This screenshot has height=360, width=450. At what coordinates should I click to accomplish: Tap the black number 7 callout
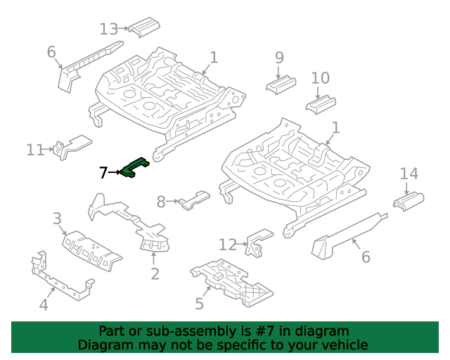[103, 172]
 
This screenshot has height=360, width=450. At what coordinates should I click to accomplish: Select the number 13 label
[108, 30]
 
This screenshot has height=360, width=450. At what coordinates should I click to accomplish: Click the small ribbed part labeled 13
[144, 27]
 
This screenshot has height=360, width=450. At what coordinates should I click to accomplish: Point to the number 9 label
[279, 58]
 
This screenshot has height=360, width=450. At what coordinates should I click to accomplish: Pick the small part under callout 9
[281, 84]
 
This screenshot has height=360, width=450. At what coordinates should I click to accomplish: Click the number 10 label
[321, 78]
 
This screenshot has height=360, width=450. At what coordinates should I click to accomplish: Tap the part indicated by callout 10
[321, 105]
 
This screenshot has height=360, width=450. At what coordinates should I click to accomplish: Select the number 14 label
[409, 174]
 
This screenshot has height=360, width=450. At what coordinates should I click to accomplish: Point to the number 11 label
[35, 150]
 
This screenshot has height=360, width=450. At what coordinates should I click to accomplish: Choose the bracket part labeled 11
[72, 146]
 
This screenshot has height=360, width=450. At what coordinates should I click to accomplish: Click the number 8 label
[161, 202]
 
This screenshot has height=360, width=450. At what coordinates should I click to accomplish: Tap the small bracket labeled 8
[194, 200]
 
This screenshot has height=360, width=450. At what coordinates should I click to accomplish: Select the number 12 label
[228, 245]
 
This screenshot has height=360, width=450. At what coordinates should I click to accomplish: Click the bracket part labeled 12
[258, 243]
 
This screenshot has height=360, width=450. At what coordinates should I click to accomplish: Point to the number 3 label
[57, 219]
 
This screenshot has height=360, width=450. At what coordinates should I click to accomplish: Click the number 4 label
[44, 304]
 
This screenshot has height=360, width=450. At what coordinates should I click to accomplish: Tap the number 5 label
[200, 304]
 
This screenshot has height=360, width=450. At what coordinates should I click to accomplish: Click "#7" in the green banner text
[265, 331]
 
